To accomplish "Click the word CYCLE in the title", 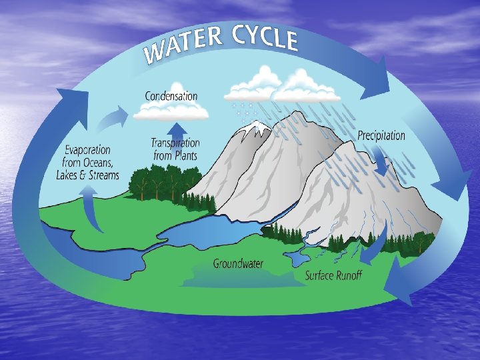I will pyautogui.click(x=265, y=39).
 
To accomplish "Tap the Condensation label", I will pyautogui.click(x=171, y=96).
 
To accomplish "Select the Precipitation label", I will pyautogui.click(x=381, y=135).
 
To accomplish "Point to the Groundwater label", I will pyautogui.click(x=238, y=263).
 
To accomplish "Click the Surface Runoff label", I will pyautogui.click(x=333, y=275).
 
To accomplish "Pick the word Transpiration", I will pyautogui.click(x=175, y=143).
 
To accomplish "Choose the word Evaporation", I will pyautogui.click(x=87, y=151).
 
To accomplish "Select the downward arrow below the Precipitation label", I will pyautogui.click(x=381, y=161).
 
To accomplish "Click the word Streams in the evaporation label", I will pyautogui.click(x=104, y=175).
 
